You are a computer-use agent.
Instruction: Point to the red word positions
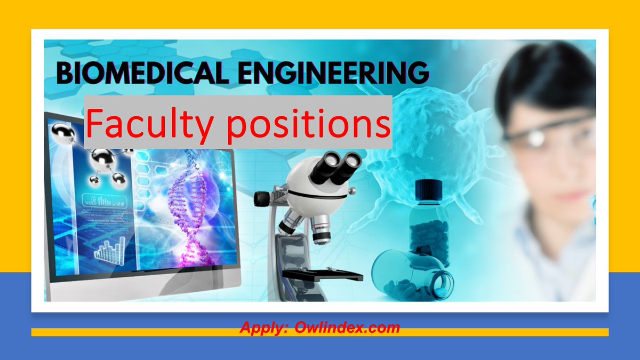(299, 124)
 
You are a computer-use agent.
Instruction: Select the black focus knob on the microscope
(261, 199)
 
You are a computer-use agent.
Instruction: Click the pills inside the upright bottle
(429, 235)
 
